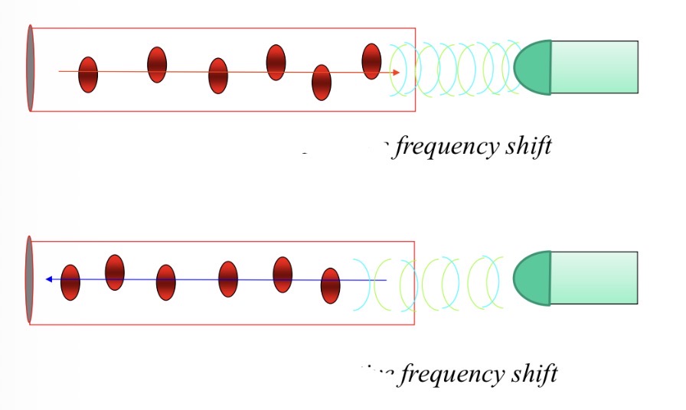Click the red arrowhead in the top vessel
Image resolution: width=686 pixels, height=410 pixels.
[x=396, y=73]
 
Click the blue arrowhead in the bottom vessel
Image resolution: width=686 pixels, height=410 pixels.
[x=49, y=279]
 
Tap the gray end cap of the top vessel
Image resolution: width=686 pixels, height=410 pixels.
[x=30, y=68]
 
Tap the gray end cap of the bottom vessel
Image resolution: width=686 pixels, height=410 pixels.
[x=30, y=279]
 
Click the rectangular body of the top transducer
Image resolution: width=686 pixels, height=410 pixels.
[x=594, y=67]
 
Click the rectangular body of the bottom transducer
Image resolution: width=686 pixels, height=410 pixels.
[x=594, y=278]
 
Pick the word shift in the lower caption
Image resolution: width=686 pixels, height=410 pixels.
[x=534, y=373]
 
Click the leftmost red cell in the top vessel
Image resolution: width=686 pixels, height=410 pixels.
[x=88, y=75]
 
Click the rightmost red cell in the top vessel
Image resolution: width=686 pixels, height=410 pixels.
[x=371, y=61]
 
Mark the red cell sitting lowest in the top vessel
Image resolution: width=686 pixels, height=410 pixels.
[x=322, y=82]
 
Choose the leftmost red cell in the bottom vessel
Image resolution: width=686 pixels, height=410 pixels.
[x=70, y=282]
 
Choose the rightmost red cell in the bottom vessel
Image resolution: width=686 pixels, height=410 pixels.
[x=330, y=285]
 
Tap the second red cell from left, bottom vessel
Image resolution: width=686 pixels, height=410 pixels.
[x=115, y=272]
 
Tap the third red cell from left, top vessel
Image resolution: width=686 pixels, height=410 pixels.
[x=218, y=76]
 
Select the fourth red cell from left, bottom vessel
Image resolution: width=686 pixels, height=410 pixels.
[x=228, y=279]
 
